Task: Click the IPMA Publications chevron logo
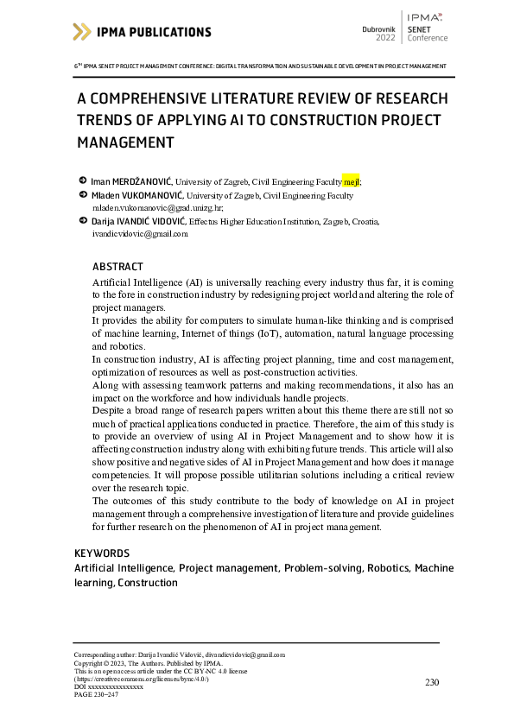click(81, 32)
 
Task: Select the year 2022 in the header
click(385, 39)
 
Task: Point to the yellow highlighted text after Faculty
click(351, 181)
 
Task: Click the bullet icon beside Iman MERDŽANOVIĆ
click(81, 180)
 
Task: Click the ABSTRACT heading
click(117, 267)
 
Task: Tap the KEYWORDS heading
click(102, 553)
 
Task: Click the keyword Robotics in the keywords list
click(388, 568)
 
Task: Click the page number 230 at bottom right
click(433, 682)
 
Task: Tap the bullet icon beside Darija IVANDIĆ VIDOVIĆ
click(81, 221)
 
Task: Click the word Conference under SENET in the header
click(428, 38)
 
